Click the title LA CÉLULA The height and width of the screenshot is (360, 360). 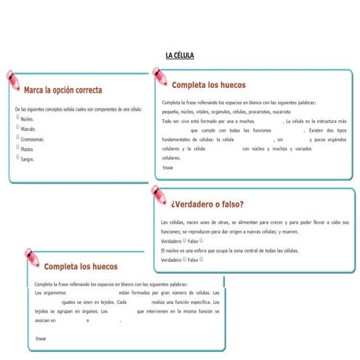180,55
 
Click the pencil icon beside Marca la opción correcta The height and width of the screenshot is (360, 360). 14,79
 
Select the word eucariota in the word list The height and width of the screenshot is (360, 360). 278,112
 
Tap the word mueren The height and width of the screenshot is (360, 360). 289,231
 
